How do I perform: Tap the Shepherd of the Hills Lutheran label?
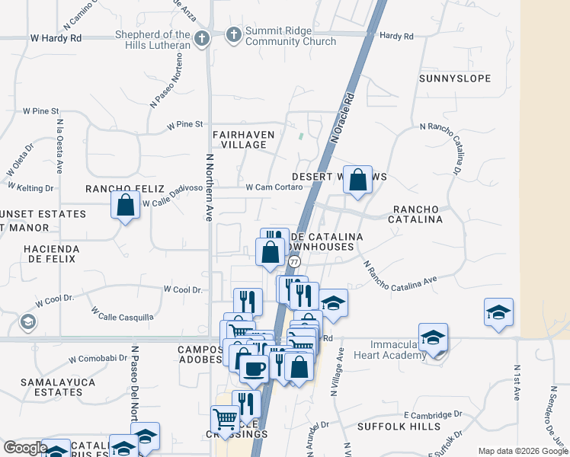point(152,40)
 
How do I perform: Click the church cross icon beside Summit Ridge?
point(233,34)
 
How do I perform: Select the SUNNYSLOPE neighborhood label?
point(454,78)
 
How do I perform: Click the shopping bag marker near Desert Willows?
point(357,181)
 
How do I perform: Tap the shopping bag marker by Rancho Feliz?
point(126,205)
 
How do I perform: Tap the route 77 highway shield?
point(293,260)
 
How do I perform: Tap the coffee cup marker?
point(255,369)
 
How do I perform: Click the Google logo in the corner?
point(25,448)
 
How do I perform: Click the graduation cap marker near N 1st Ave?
point(498,312)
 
